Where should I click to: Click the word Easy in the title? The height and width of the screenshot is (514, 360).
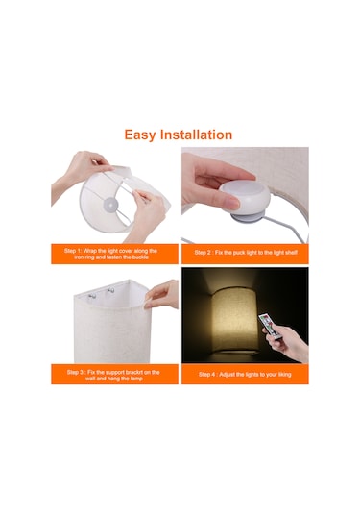[140, 135]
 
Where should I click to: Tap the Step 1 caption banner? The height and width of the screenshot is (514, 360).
[114, 254]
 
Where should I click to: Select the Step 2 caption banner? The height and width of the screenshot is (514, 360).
[245, 254]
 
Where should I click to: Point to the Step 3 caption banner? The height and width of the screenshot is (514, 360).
[114, 374]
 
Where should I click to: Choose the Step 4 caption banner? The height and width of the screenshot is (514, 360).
[245, 374]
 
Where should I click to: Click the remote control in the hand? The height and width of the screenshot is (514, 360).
[269, 326]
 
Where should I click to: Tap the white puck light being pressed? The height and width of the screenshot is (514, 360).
[245, 199]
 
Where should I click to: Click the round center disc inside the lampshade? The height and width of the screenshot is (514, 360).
[109, 206]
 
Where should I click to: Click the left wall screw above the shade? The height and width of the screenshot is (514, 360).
[92, 296]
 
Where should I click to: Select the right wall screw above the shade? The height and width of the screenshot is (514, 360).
[111, 290]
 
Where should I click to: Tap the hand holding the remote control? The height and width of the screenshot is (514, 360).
[286, 343]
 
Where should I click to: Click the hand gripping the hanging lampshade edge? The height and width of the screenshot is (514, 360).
[162, 295]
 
